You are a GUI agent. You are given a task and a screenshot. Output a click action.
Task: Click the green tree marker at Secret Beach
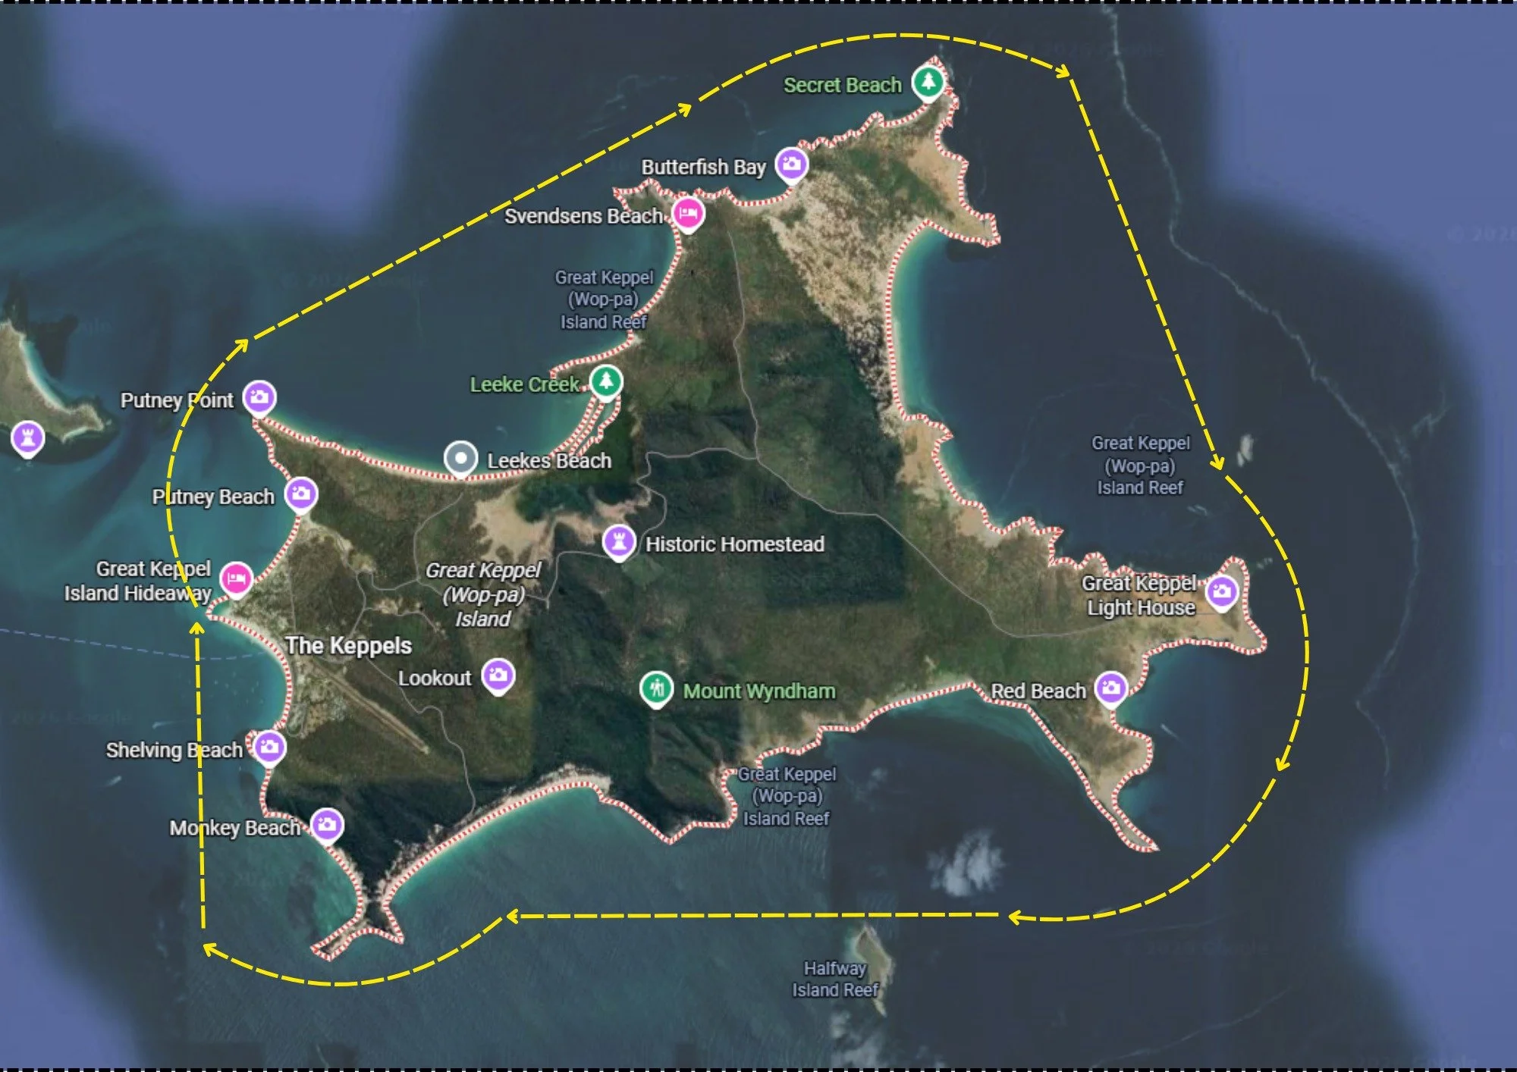(928, 81)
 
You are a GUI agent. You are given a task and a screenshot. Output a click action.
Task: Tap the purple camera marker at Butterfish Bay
(791, 164)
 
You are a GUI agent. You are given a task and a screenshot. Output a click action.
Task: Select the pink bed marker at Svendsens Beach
(688, 214)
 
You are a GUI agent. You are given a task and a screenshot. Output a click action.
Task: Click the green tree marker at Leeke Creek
(605, 381)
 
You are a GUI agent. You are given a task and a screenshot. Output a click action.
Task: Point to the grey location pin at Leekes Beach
(460, 458)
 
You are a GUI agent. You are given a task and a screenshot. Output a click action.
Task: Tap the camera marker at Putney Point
(259, 397)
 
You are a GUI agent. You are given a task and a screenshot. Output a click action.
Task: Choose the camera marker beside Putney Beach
(301, 494)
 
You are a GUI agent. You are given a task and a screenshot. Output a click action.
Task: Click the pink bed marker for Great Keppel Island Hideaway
(236, 579)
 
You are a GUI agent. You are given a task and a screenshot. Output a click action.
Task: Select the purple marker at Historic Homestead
(619, 541)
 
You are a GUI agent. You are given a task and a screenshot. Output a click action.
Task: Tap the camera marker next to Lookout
(498, 675)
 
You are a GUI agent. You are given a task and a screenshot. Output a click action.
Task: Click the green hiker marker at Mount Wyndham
(656, 688)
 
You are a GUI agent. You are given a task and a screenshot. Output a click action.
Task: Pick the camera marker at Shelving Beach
(269, 748)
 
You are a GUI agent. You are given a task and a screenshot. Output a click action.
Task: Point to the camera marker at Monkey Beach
(327, 824)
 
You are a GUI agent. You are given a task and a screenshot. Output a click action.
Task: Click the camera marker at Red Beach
(1111, 688)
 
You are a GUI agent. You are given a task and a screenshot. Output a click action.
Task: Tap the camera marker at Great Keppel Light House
(1222, 591)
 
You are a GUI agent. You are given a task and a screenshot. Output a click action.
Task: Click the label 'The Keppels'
(348, 645)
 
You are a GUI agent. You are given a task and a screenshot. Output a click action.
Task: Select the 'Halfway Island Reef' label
(835, 979)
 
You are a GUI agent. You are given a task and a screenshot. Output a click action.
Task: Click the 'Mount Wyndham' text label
(759, 691)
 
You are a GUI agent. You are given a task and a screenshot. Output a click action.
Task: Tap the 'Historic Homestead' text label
(734, 544)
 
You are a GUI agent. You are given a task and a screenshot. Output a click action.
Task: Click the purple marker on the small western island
(28, 437)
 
